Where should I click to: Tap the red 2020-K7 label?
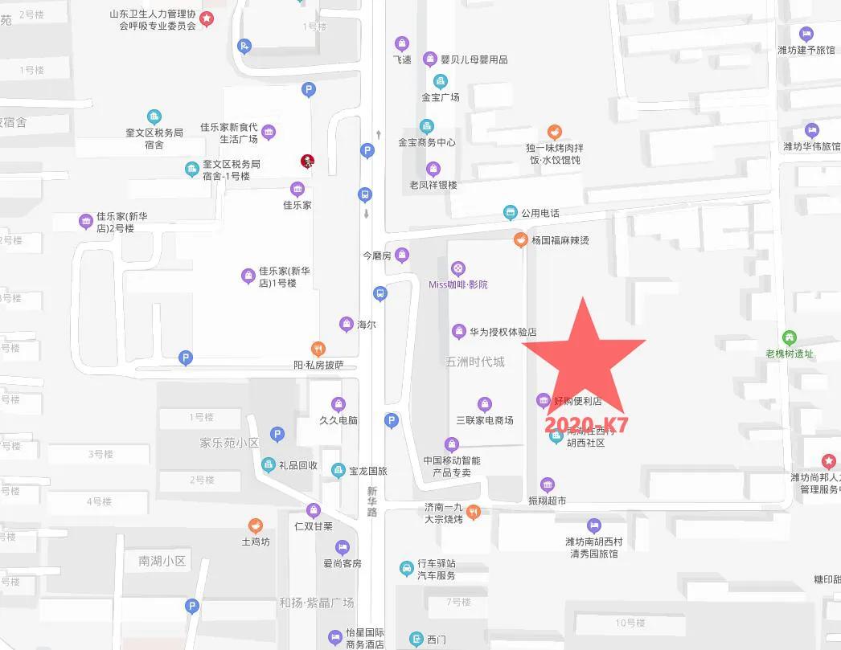pos(586,424)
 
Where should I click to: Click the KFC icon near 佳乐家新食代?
pos(307,161)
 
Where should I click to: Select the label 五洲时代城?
pos(475,362)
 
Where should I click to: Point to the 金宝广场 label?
pos(441,97)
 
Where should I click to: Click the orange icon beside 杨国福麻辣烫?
pos(521,239)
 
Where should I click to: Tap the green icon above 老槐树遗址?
pos(790,337)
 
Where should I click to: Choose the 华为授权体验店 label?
pos(503,332)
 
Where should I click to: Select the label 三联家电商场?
pos(485,420)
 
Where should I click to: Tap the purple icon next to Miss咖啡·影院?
pos(457,268)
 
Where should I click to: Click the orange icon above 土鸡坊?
pos(256,526)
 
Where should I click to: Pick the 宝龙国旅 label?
pos(368,471)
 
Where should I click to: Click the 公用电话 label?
pos(539,213)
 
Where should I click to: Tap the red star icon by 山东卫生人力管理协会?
pos(207,18)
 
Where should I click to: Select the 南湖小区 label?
pos(162,561)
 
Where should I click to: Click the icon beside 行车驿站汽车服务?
pos(407,569)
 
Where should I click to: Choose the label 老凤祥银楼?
pos(433,185)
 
